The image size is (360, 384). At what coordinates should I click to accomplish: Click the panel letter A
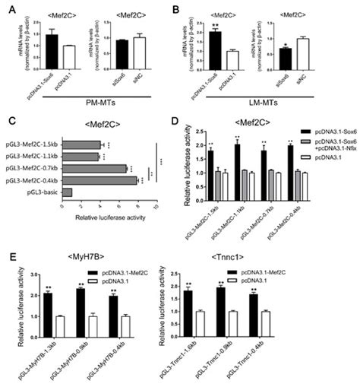pyautogui.click(x=11, y=9)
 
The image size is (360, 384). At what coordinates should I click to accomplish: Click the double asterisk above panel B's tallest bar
pyautogui.click(x=216, y=25)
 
